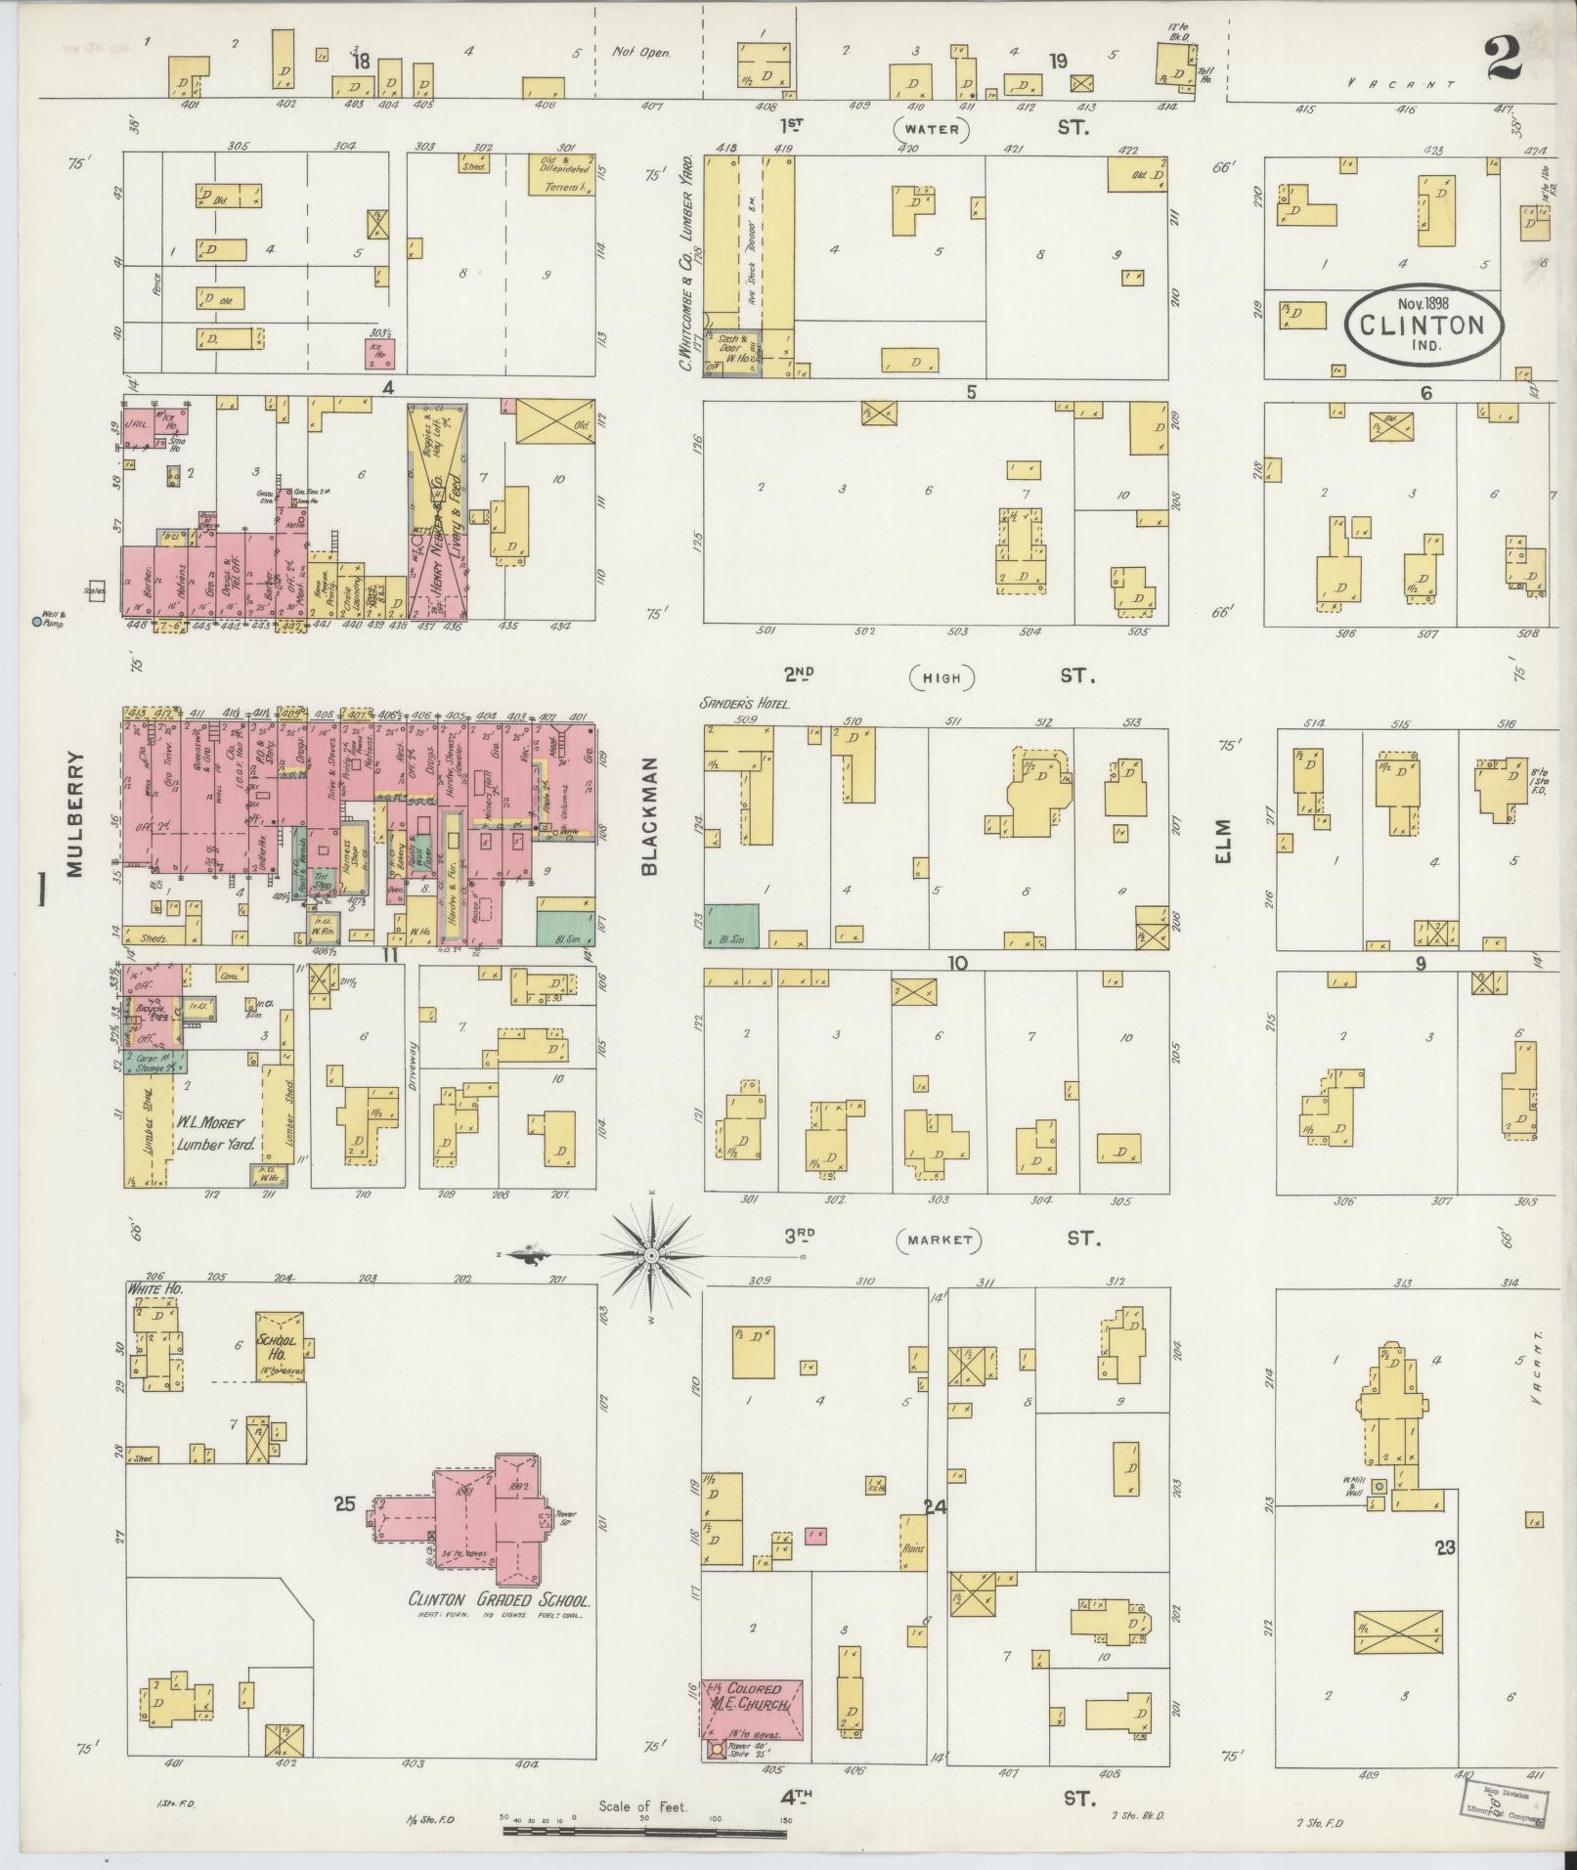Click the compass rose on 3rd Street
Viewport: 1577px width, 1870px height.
pyautogui.click(x=651, y=1254)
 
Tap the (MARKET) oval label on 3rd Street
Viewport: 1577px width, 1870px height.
pyautogui.click(x=938, y=1240)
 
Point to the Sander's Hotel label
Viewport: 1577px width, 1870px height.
pyautogui.click(x=745, y=703)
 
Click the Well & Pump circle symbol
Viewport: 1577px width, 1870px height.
pyautogui.click(x=37, y=621)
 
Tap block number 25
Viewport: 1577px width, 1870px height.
pyautogui.click(x=344, y=1531)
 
